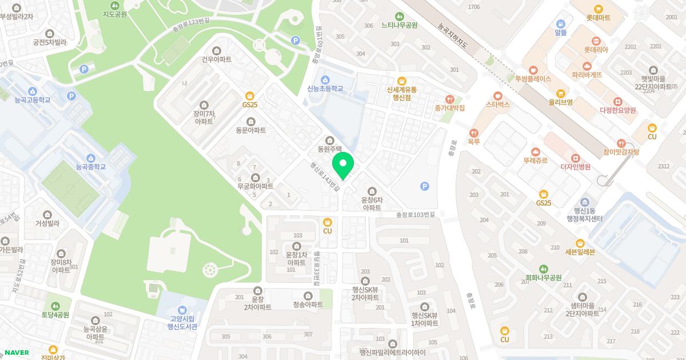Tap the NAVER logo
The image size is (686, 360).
(x=17, y=353)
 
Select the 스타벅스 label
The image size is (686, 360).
(x=497, y=105)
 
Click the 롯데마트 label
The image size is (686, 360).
(x=598, y=18)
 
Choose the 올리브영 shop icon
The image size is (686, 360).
(x=561, y=93)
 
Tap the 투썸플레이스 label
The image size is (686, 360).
(x=533, y=79)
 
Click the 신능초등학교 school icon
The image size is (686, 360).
(x=325, y=79)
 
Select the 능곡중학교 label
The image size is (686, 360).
(x=91, y=167)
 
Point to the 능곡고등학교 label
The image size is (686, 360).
(x=33, y=100)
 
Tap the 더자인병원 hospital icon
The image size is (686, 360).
(x=576, y=158)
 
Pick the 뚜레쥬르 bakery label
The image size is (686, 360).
(x=535, y=161)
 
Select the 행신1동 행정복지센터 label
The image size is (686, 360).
(x=585, y=215)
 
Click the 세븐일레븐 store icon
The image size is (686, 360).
(x=580, y=243)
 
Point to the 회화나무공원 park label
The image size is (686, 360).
(x=544, y=278)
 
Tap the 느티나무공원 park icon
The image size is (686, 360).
(x=400, y=17)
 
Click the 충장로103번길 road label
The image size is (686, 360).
(x=416, y=215)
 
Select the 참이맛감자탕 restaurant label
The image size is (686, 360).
(x=621, y=151)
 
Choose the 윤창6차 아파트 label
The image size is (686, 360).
(x=372, y=204)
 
